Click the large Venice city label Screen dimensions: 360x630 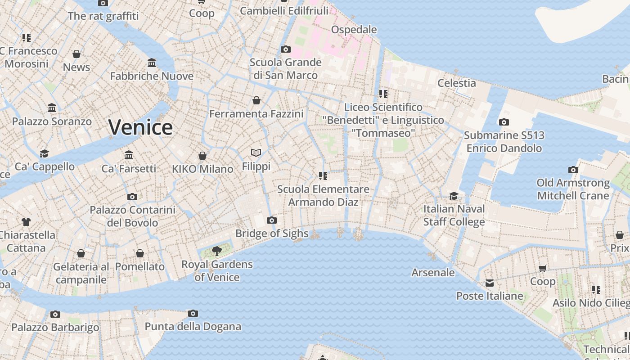point(140,127)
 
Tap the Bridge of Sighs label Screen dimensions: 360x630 point(272,233)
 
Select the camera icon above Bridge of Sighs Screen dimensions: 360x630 point(271,220)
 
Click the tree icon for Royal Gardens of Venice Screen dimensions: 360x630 point(217,251)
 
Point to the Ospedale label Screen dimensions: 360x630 point(354,30)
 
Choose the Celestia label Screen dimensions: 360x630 point(456,83)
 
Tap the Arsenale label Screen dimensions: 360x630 point(433,272)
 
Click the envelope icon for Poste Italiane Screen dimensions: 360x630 point(490,283)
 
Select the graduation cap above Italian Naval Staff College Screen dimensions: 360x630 point(454,196)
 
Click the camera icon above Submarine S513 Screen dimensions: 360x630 point(504,122)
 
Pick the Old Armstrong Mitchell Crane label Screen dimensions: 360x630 point(573,189)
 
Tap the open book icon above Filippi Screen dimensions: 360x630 point(256,153)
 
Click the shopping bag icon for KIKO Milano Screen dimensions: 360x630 point(202,156)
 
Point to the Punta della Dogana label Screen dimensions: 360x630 point(193,326)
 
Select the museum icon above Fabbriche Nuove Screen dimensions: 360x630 point(152,63)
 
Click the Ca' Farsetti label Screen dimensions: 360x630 point(129,169)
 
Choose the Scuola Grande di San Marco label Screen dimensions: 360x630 point(285,68)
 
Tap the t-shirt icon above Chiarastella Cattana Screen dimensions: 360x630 point(26,221)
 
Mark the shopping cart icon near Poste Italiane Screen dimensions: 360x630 point(543,268)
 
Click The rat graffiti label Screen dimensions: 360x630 point(103,16)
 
